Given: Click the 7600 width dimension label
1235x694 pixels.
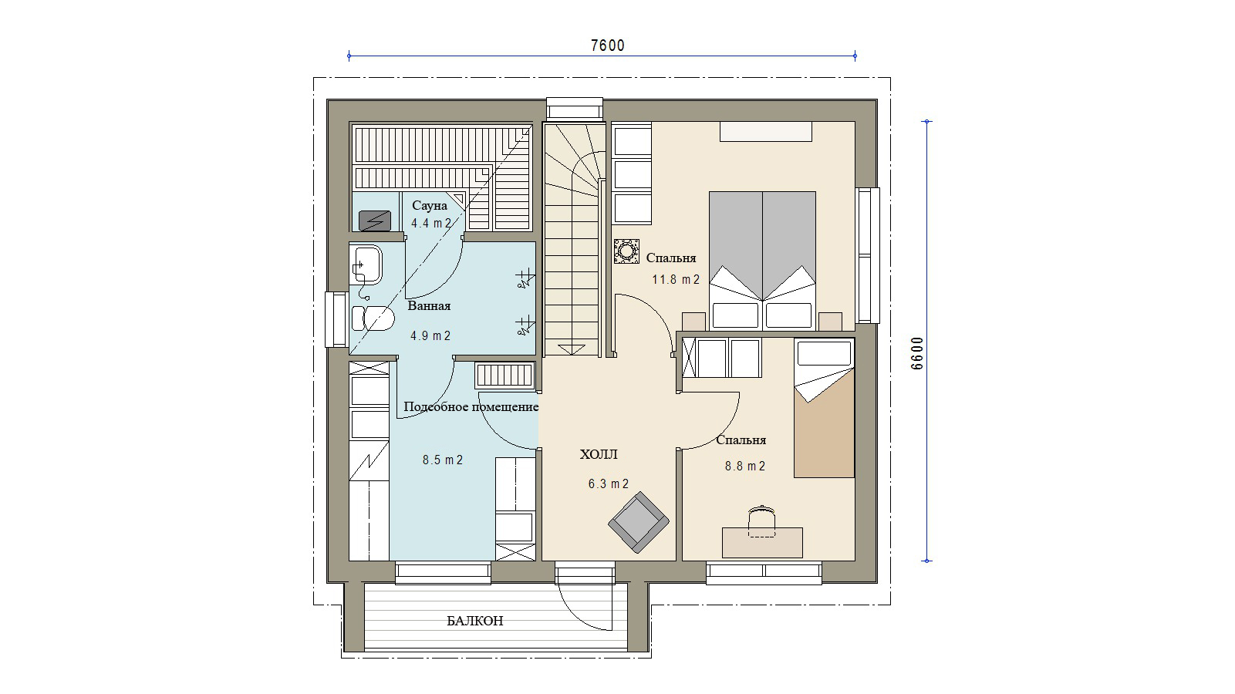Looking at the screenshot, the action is tap(608, 45).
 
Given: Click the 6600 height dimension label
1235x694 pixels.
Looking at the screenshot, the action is tap(917, 353).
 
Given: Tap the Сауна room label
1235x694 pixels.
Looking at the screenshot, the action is tap(430, 206).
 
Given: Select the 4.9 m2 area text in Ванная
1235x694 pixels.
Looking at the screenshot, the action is tap(430, 335).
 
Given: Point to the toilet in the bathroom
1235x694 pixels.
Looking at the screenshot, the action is tap(373, 318).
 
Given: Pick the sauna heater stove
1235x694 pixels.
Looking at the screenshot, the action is tap(375, 221).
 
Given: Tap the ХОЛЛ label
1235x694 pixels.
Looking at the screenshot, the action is tap(598, 454).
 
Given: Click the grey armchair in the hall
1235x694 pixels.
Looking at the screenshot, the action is tap(639, 522).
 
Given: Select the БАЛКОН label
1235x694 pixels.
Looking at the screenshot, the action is tap(474, 621).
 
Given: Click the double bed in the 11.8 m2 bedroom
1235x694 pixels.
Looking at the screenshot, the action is tap(762, 261).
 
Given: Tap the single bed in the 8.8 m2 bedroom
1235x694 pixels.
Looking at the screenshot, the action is tap(825, 408).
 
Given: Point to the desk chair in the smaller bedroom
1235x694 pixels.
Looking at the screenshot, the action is tap(761, 520).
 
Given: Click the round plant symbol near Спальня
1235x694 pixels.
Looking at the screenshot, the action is tap(627, 251).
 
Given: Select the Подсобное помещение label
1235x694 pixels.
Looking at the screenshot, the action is tap(471, 407).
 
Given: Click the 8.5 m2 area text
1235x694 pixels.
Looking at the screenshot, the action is tap(443, 460).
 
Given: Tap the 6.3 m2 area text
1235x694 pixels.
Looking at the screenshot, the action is tap(609, 484).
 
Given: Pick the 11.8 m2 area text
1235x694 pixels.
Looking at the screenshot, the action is tap(676, 279).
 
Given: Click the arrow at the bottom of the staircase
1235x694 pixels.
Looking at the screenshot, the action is tap(571, 349).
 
